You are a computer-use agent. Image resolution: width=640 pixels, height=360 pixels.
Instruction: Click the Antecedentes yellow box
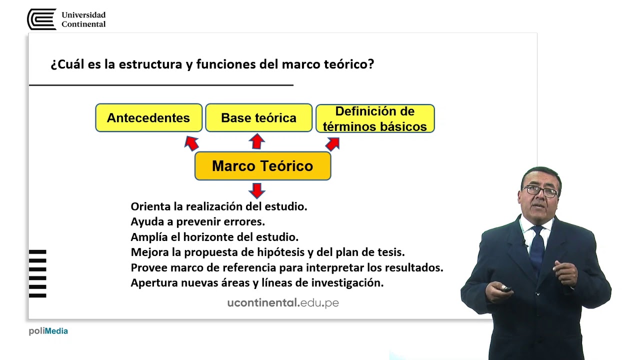coord(148,118)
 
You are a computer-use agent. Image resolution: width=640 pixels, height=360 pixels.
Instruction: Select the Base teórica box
coord(258,118)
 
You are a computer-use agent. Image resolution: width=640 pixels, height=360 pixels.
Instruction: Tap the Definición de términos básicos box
coord(375,118)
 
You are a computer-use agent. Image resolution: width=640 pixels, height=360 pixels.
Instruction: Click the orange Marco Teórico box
coord(262,166)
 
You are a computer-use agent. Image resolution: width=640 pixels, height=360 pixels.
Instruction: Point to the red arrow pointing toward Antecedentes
coord(191,142)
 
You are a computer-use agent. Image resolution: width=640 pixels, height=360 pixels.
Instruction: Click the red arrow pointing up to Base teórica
coord(257,141)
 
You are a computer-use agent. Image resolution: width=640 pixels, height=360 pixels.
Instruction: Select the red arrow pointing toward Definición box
coord(333,143)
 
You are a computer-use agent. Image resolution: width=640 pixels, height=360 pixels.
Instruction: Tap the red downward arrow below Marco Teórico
coord(257,190)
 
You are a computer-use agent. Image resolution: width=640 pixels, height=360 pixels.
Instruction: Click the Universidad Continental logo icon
coord(41,19)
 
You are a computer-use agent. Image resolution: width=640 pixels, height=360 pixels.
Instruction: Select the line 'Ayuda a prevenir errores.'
coord(197,221)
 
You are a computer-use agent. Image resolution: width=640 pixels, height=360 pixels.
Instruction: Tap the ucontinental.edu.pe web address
coord(283,302)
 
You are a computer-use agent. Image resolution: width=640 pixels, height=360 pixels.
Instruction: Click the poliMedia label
coord(48,331)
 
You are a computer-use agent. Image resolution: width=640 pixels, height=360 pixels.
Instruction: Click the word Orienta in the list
coord(150,206)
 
